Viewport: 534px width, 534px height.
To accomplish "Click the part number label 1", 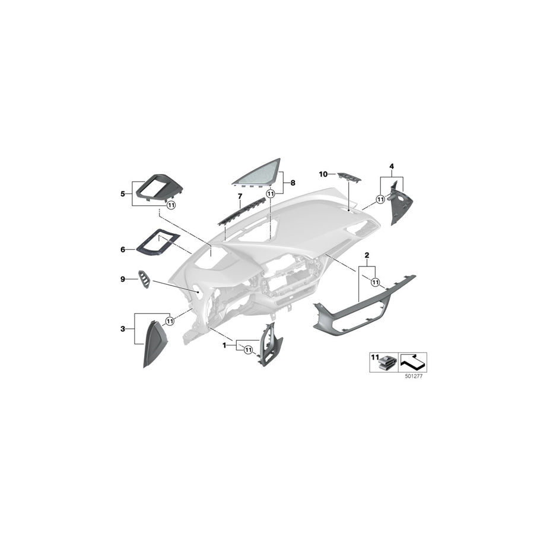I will coord(224,344).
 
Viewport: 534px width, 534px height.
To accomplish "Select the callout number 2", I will coord(367,255).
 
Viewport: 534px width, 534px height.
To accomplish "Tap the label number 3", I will coord(122,328).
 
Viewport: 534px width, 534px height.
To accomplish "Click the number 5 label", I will coord(122,193).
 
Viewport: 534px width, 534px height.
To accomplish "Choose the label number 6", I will coord(122,250).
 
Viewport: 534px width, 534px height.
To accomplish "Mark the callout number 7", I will coord(240,196).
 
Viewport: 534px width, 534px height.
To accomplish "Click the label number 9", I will coord(122,278).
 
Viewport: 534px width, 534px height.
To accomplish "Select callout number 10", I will coord(323,174).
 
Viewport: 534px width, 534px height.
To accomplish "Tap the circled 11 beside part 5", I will coord(171,205).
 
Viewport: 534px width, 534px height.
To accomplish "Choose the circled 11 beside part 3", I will coord(170,321).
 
